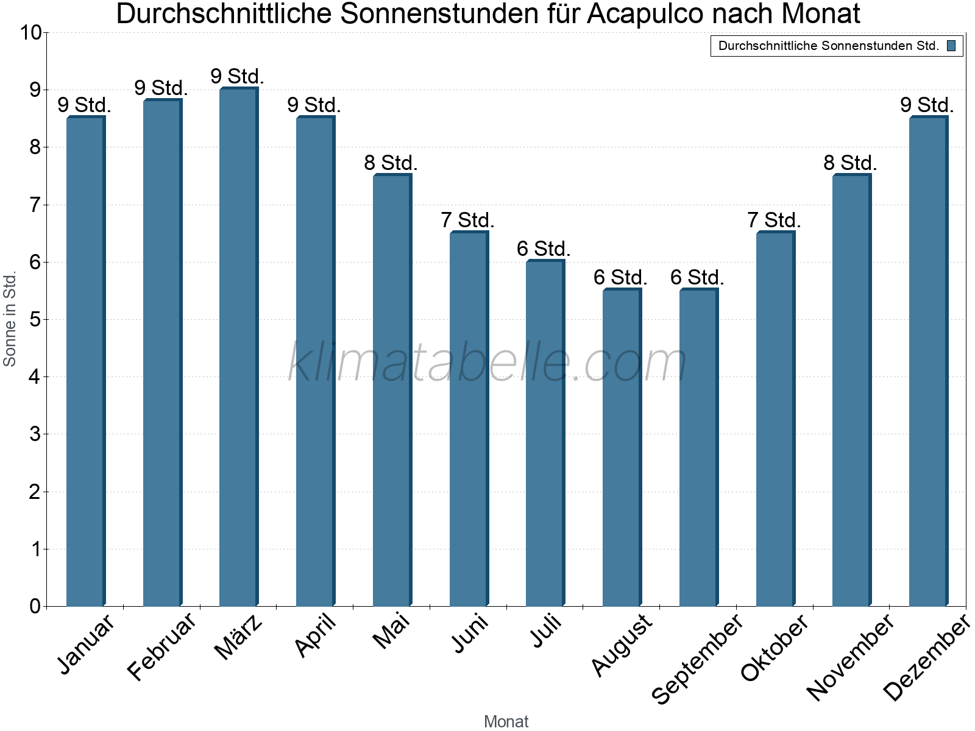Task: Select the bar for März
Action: [238, 347]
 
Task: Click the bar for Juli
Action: [545, 433]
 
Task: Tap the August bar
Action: [622, 448]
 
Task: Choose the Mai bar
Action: [392, 390]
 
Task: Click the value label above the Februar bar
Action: [161, 88]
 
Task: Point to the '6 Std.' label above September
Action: [697, 278]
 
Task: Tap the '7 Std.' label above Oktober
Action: [774, 220]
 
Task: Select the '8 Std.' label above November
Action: [850, 163]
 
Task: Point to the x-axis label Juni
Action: [469, 634]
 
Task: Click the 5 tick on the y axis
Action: [35, 319]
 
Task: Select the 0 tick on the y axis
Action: [35, 606]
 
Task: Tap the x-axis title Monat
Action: [506, 721]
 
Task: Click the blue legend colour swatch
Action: [951, 46]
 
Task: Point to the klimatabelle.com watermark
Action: [487, 362]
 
